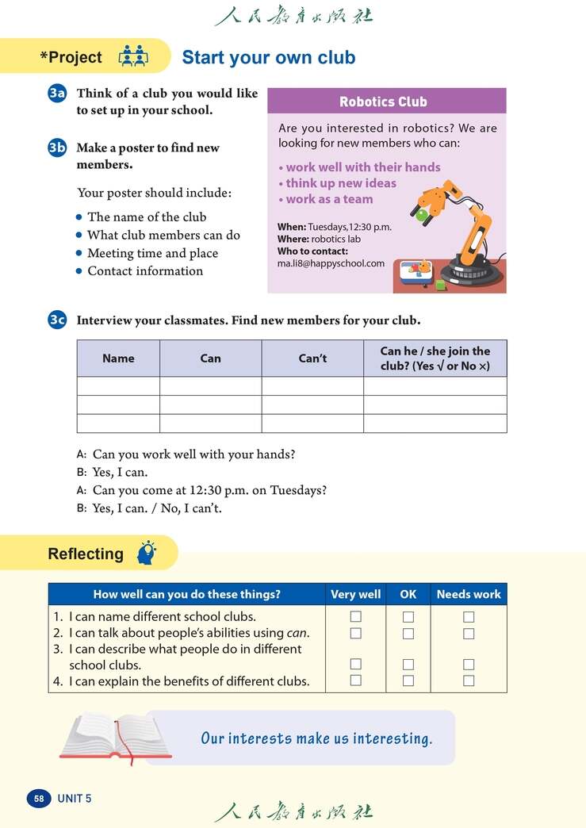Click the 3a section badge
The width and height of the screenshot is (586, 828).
tap(57, 94)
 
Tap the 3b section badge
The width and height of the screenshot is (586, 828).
tap(57, 148)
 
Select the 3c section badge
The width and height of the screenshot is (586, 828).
tap(57, 320)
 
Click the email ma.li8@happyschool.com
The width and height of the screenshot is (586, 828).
tap(331, 263)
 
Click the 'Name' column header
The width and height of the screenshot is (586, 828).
tap(118, 358)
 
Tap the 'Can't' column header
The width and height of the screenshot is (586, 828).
tap(312, 358)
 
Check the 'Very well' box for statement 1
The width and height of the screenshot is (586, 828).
tap(356, 616)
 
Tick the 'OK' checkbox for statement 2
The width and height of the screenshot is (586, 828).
tap(408, 634)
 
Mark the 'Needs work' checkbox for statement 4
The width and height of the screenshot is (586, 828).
tap(469, 680)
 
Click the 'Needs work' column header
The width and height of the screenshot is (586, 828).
tap(469, 594)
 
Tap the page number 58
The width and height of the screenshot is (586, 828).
tap(39, 799)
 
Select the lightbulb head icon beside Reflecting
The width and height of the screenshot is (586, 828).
tap(147, 552)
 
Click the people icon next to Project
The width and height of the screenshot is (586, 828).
tap(132, 57)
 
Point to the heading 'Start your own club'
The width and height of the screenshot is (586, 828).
tap(269, 58)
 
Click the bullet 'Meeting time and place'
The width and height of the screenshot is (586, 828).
tap(152, 253)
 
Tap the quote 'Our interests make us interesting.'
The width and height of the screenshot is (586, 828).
tap(316, 738)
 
